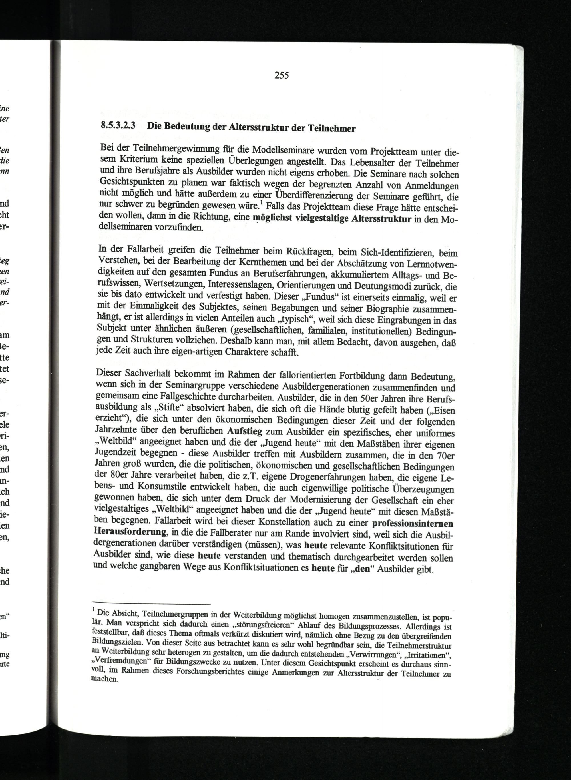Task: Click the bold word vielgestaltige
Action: pyautogui.click(x=320, y=219)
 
